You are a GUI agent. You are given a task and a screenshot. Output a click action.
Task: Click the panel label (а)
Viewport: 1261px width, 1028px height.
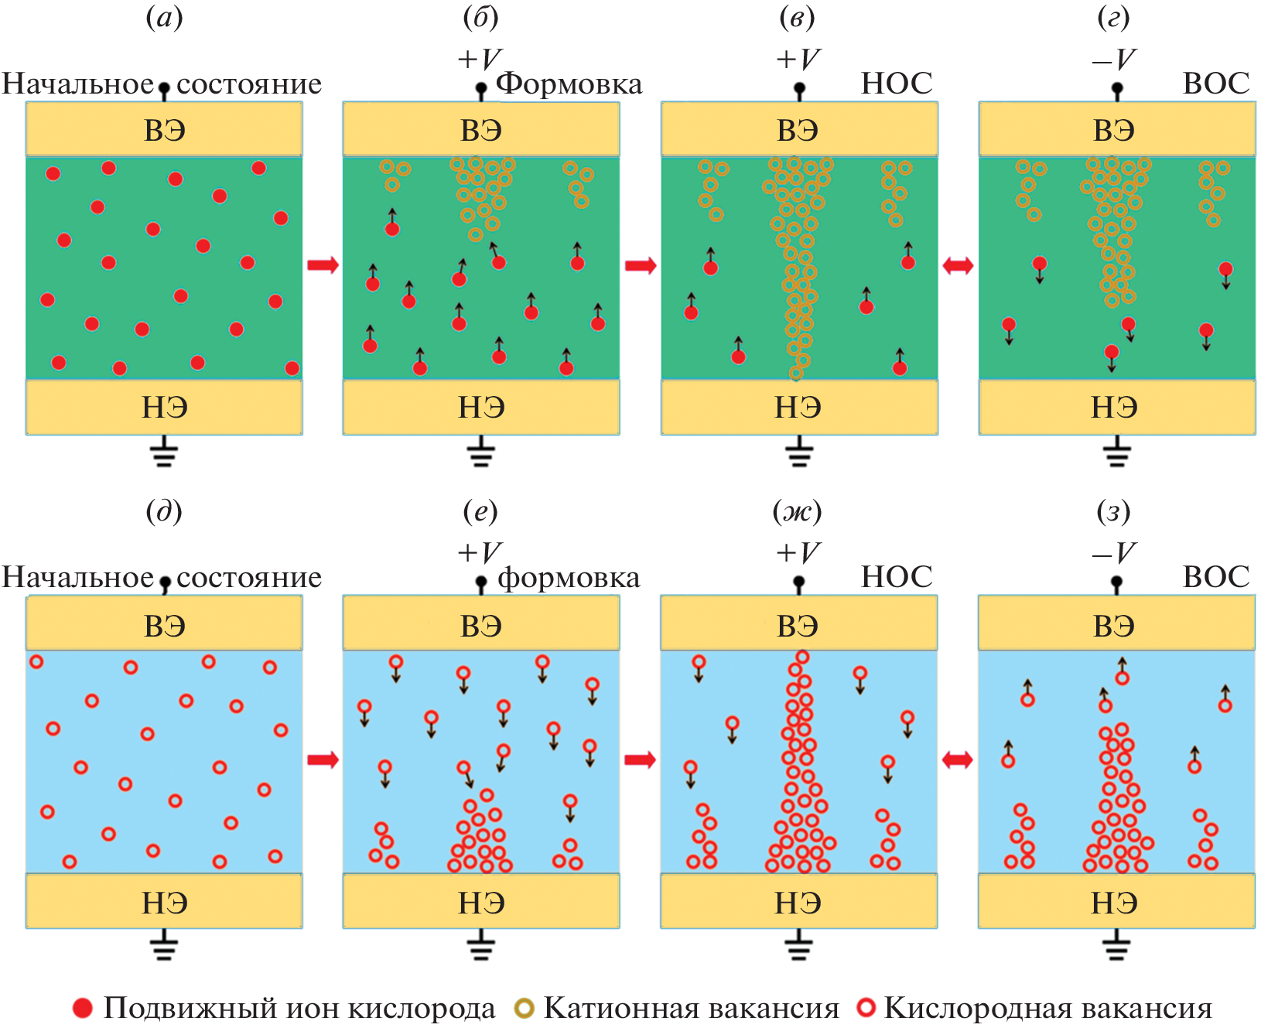point(164,18)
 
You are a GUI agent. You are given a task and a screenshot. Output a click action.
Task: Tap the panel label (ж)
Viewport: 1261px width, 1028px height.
point(797,511)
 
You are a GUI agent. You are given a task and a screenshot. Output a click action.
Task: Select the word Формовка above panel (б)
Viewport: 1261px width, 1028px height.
point(569,84)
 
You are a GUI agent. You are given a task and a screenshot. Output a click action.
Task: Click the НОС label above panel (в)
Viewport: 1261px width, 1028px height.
point(897,84)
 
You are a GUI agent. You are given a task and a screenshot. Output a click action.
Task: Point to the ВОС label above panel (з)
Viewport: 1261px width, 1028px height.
point(1216,577)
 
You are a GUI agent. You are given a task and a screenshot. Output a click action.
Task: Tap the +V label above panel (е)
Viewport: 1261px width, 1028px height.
point(480,552)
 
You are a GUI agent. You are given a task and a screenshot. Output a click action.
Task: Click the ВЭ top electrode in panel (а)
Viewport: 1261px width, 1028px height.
point(164,130)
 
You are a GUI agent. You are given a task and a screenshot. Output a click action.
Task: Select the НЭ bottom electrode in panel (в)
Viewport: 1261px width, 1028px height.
point(798,407)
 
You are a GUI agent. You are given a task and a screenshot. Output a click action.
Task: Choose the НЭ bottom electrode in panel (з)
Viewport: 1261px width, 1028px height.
point(1115,902)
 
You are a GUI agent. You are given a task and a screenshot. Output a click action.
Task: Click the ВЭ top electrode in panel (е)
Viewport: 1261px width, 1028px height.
point(480,625)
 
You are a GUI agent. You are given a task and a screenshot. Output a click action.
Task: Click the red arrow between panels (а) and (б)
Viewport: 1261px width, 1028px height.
point(323,265)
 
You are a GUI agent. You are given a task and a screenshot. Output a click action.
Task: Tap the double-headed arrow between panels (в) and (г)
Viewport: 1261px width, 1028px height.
point(958,265)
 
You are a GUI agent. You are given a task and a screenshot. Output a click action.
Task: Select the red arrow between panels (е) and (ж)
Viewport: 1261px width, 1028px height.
point(640,760)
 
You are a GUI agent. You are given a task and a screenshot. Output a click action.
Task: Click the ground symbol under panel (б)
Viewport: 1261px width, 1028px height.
point(480,452)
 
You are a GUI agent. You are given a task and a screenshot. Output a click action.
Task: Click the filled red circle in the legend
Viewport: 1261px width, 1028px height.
point(82,1008)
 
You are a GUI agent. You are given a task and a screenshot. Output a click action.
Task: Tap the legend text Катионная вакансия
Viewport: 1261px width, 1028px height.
point(691,1008)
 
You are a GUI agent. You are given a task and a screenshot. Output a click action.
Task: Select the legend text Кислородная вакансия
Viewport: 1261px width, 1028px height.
point(1047,1008)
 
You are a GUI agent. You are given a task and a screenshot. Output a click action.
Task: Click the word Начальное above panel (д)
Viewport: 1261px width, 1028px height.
point(77,577)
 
